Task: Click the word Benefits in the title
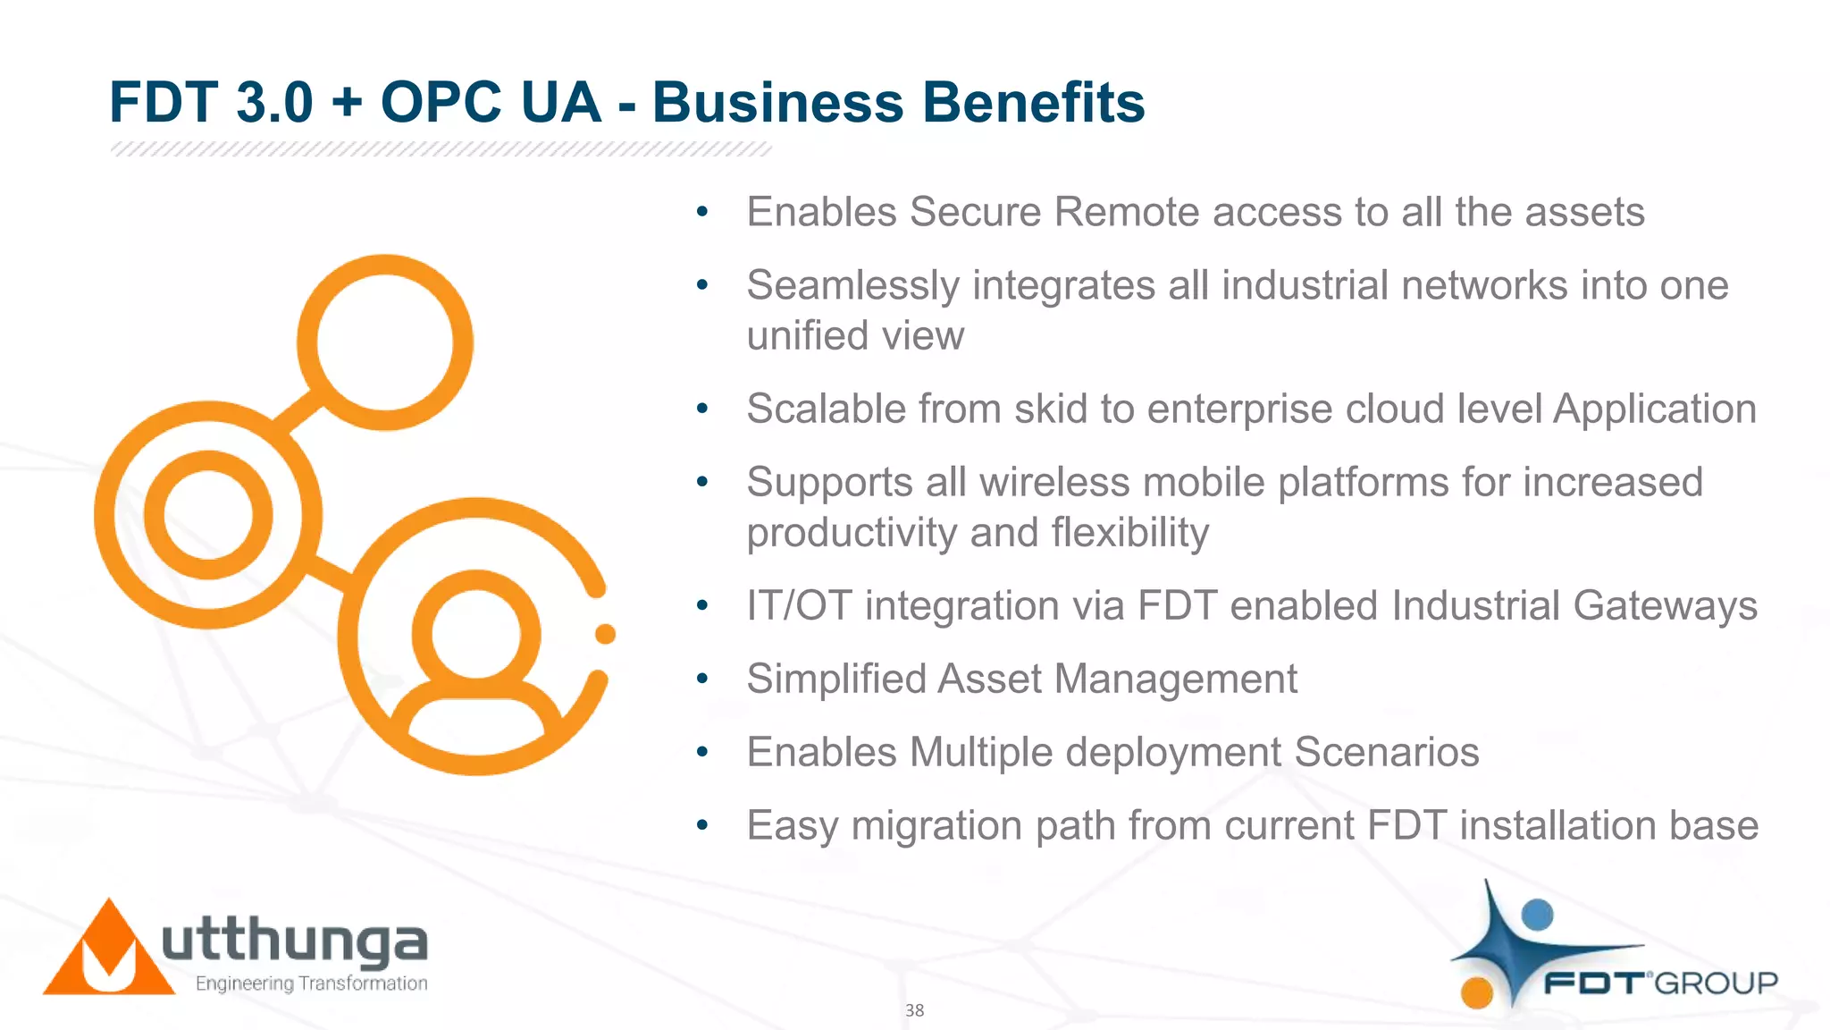click(1033, 102)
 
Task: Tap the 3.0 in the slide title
click(274, 102)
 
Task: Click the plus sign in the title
click(347, 104)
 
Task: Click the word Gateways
click(1665, 606)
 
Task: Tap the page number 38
click(914, 1010)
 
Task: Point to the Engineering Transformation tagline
click(311, 984)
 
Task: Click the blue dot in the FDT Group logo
click(1537, 915)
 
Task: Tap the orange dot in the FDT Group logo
click(1477, 992)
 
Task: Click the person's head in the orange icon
click(476, 634)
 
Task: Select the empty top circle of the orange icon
click(385, 342)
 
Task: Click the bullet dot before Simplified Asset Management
click(702, 679)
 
